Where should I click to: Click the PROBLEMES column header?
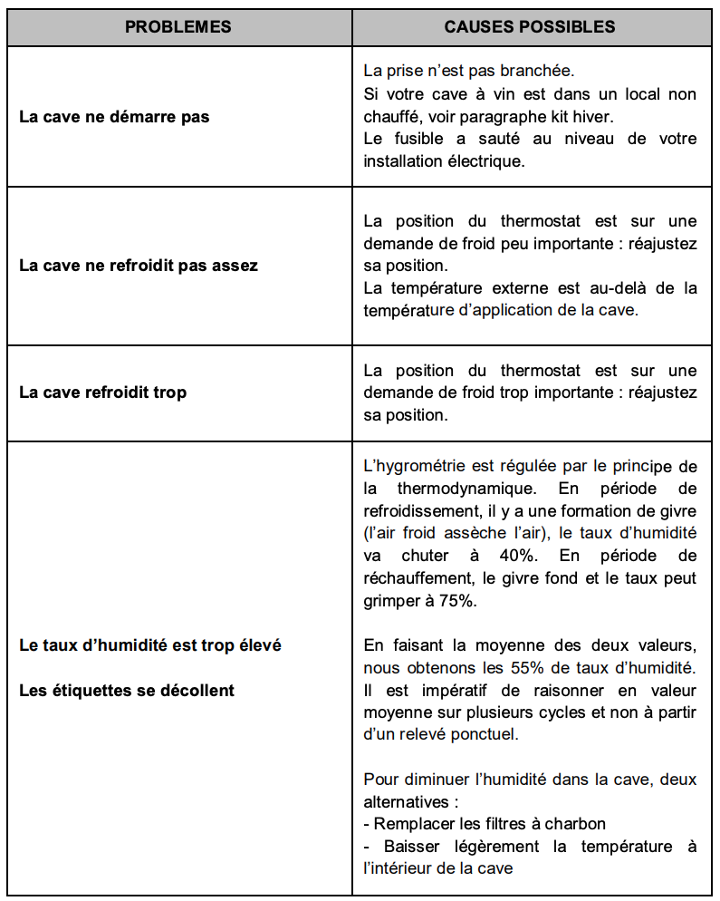178,26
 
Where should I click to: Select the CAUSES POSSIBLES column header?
530,26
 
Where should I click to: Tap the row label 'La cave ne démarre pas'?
114,117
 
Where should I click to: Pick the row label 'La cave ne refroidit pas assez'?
139,266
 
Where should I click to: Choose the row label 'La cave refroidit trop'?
103,392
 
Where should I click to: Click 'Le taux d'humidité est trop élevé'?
150,645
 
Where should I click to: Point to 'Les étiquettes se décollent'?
127,690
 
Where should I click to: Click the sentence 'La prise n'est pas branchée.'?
468,70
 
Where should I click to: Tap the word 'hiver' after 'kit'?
617,117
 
